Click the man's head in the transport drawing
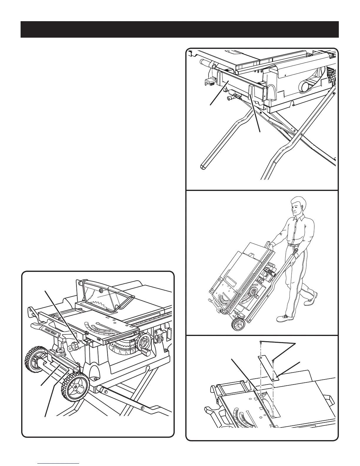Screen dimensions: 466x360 coord(298,206)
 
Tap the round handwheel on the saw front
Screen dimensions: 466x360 coord(144,342)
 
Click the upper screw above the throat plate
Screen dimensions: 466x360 coord(261,342)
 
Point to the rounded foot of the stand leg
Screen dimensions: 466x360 coord(202,166)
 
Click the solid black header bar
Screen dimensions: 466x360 coord(179,29)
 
